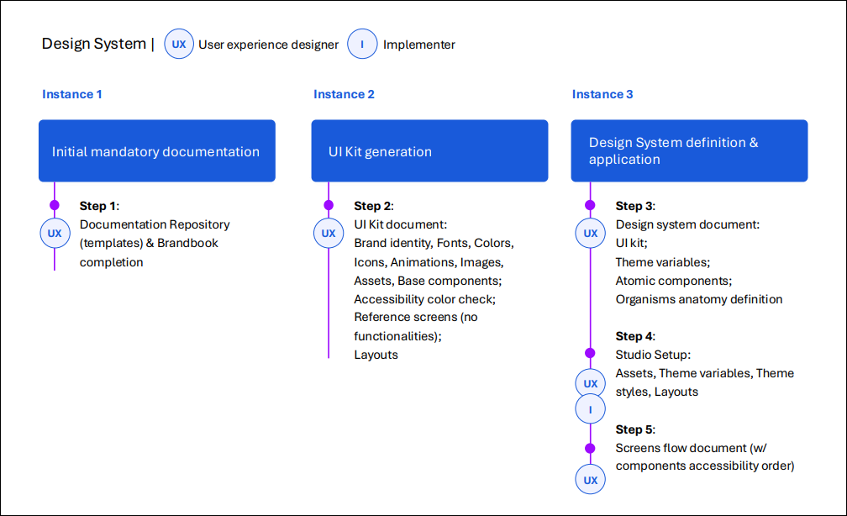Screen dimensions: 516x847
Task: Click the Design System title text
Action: (x=93, y=44)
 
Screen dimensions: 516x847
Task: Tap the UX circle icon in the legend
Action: (x=179, y=45)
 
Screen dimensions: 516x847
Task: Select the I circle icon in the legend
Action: (x=362, y=45)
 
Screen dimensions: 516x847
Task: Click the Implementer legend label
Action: (x=418, y=45)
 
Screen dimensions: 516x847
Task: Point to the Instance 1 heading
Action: (x=72, y=94)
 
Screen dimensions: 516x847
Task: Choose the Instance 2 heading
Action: (x=344, y=94)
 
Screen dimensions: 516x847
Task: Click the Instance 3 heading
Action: (x=602, y=94)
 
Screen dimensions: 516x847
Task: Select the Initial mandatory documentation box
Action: (x=156, y=151)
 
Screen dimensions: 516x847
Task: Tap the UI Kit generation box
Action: (x=429, y=151)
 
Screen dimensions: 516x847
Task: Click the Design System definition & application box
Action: (x=689, y=151)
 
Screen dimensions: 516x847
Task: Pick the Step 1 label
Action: (x=99, y=206)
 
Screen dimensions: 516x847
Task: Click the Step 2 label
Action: (x=373, y=206)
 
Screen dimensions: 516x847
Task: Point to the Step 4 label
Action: (x=634, y=336)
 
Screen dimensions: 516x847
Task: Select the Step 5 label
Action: (x=634, y=429)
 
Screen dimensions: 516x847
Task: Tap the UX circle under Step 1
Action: (x=55, y=233)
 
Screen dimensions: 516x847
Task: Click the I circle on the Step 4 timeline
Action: (x=591, y=409)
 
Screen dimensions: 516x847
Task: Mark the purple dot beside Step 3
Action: (x=590, y=205)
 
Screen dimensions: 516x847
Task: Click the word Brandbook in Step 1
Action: (x=189, y=243)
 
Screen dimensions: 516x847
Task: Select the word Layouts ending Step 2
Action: (x=376, y=355)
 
